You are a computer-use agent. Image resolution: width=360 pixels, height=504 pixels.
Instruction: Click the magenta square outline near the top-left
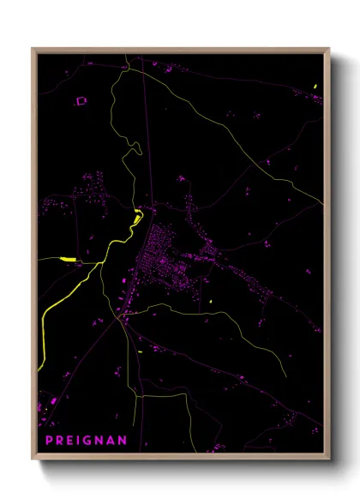[x=81, y=101]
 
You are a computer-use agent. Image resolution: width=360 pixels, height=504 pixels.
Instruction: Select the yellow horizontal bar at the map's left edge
[x=67, y=258]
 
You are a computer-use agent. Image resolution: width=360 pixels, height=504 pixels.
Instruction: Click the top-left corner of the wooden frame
[x=33, y=50]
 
